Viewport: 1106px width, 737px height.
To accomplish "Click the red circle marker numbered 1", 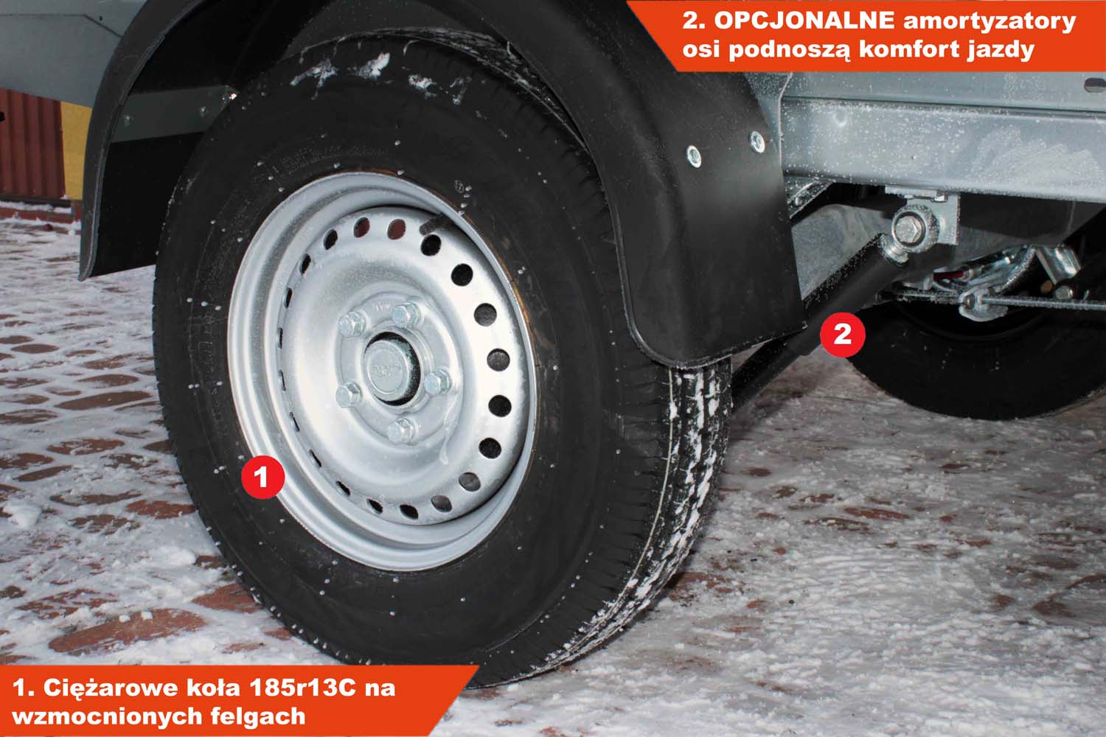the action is pos(262,477).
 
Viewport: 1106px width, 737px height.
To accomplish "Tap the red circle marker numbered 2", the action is pos(842,334).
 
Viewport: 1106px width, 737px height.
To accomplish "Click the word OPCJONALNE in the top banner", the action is pos(804,21).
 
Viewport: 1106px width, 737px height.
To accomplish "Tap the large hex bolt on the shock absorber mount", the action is pos(908,228).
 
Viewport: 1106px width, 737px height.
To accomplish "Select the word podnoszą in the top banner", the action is pos(790,50).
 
